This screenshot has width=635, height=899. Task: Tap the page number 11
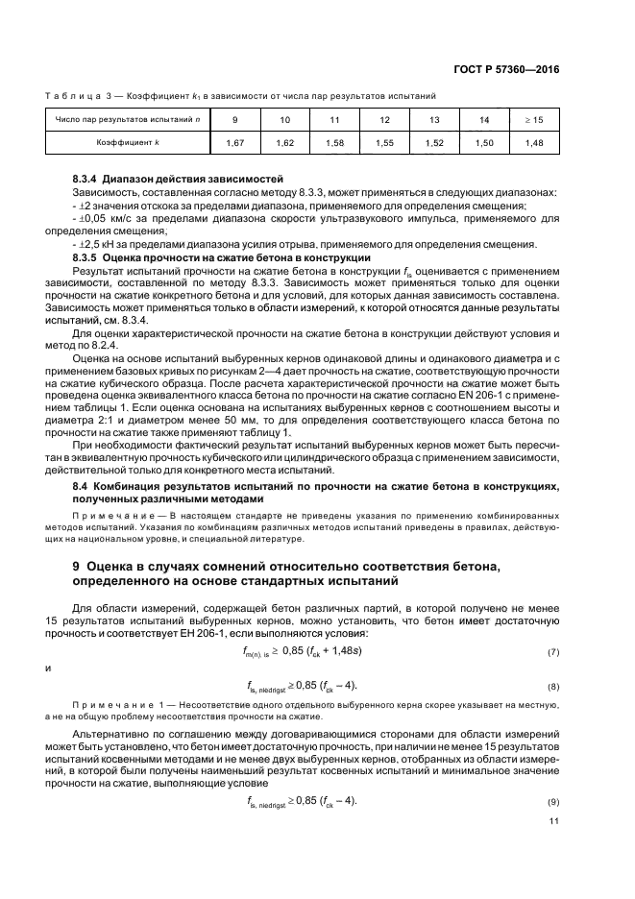click(x=553, y=821)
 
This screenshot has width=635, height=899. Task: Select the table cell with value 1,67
click(x=235, y=142)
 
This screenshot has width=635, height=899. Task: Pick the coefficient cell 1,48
click(x=534, y=142)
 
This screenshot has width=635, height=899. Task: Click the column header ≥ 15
click(x=534, y=120)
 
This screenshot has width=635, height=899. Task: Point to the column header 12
click(x=384, y=120)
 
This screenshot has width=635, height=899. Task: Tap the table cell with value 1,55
click(x=384, y=142)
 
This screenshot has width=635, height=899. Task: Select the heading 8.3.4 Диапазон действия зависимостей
click(x=174, y=180)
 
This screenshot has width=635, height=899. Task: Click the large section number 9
click(x=78, y=569)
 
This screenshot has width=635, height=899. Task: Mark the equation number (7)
click(x=552, y=652)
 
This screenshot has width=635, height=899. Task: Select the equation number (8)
click(x=552, y=687)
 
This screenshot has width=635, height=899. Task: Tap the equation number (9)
click(x=552, y=801)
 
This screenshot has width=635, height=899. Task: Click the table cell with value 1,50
click(x=484, y=142)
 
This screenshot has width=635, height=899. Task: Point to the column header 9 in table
click(x=235, y=120)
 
